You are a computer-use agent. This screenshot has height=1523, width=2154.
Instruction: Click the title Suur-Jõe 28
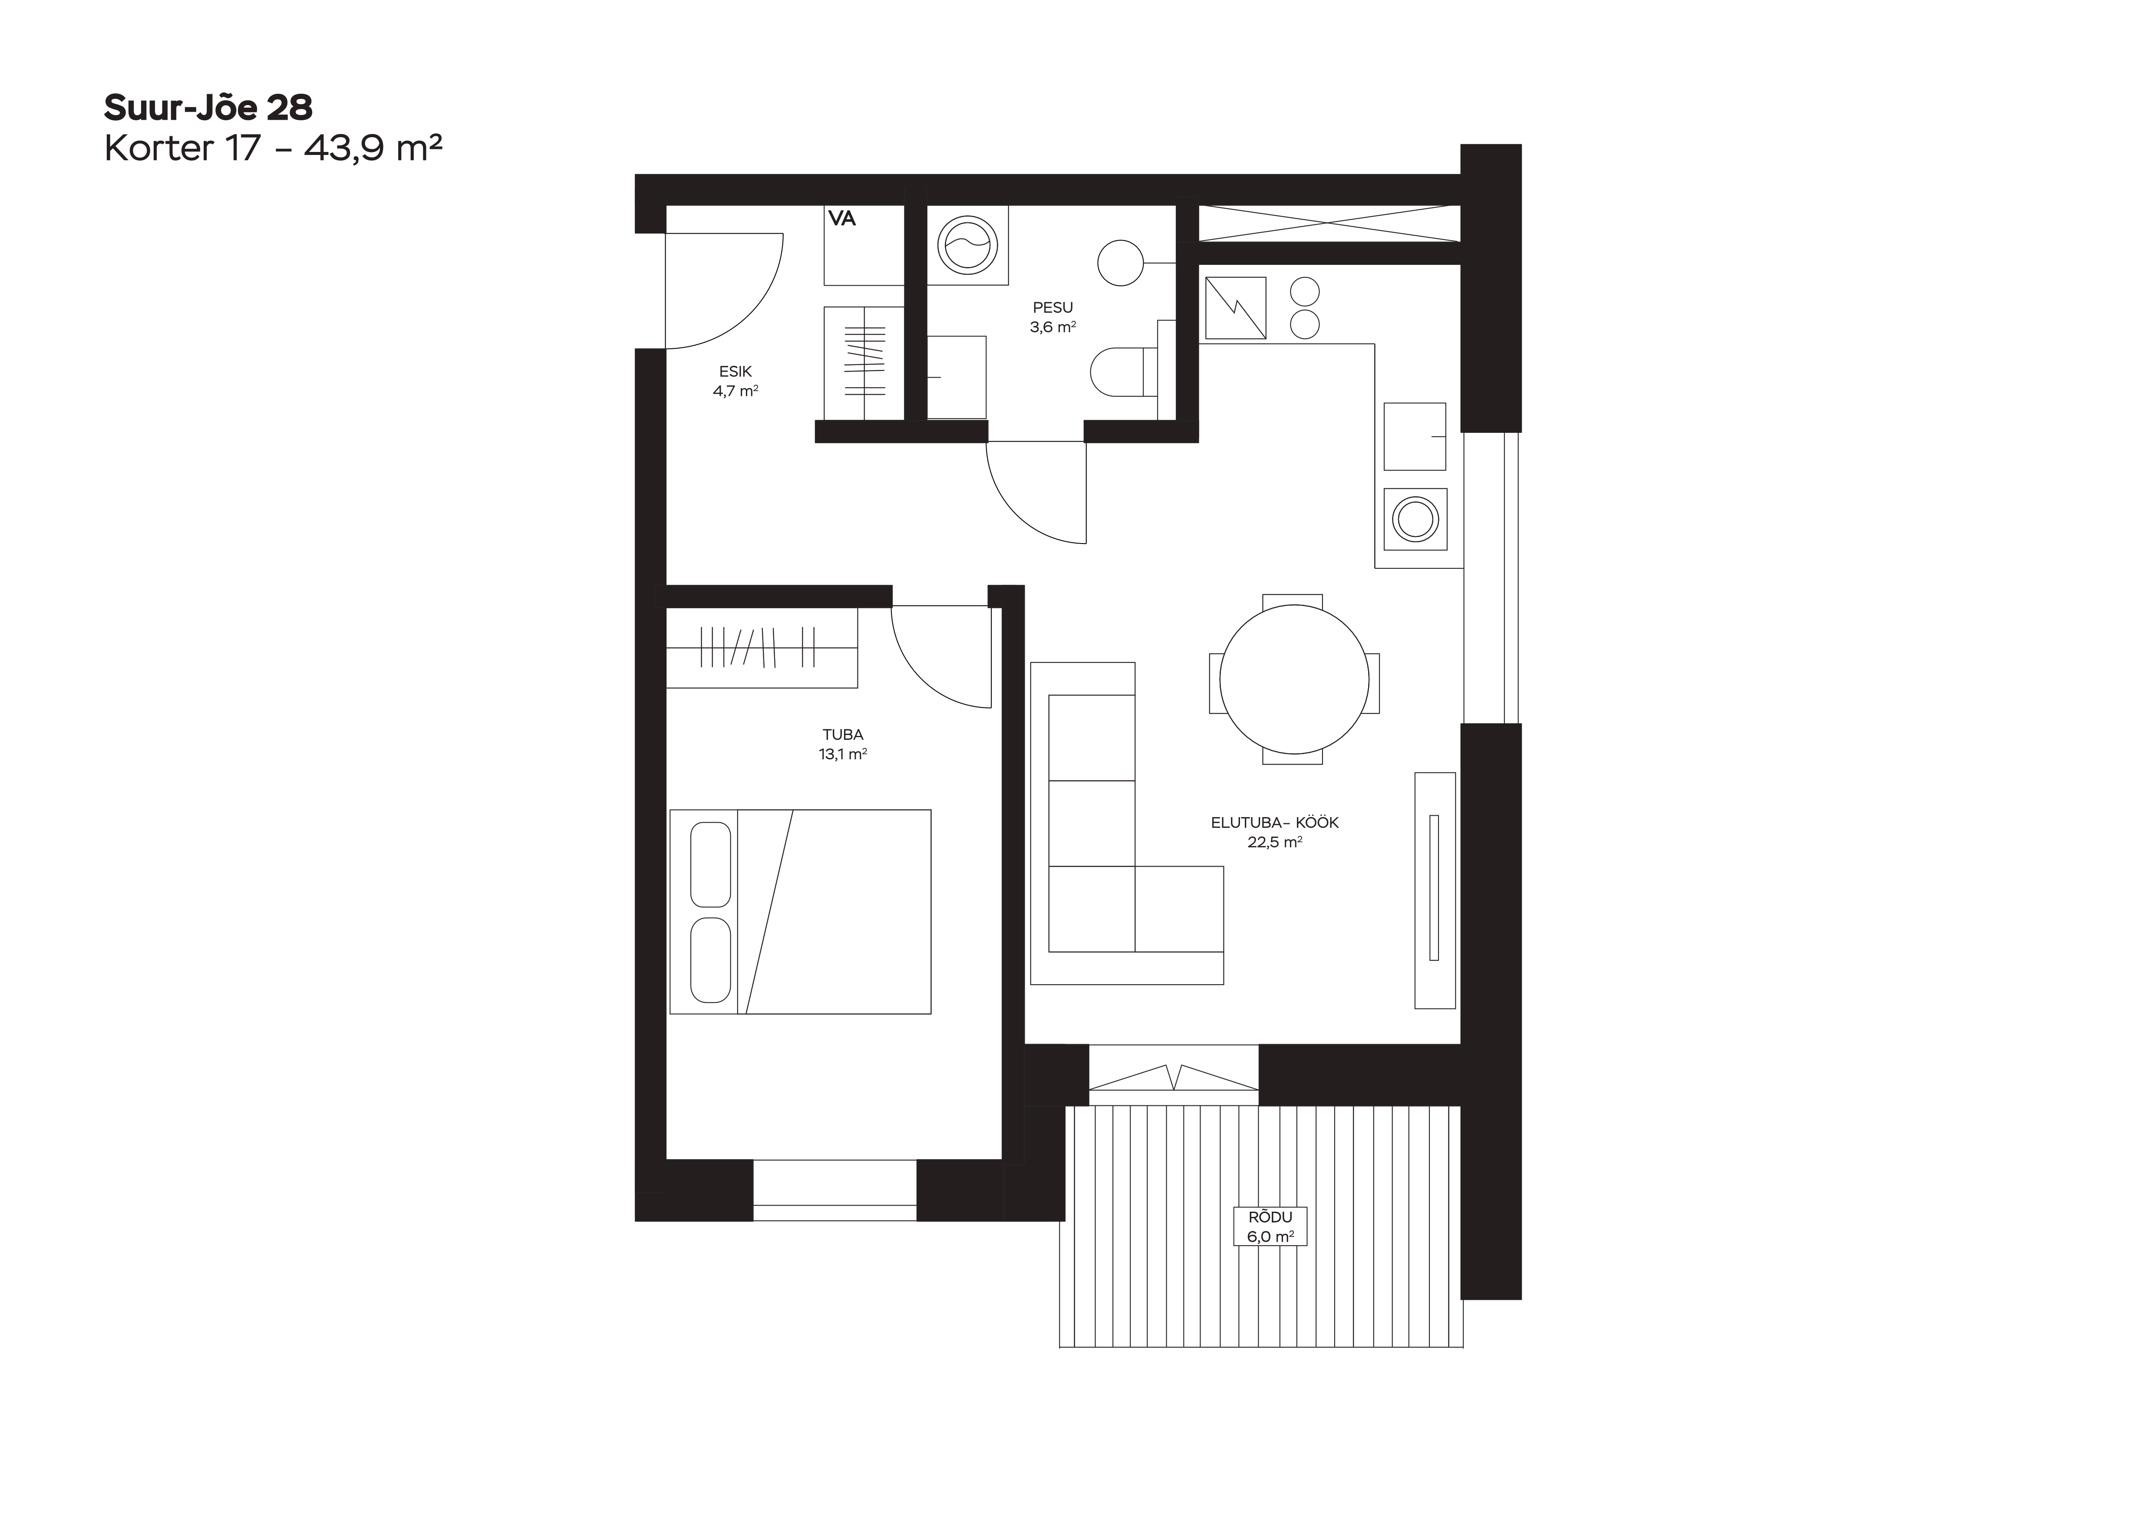pyautogui.click(x=208, y=108)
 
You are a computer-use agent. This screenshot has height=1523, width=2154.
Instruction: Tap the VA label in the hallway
pyautogui.click(x=841, y=218)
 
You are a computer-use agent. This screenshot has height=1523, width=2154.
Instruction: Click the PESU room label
pyautogui.click(x=1052, y=308)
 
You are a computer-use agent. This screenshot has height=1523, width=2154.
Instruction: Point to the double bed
pyautogui.click(x=800, y=912)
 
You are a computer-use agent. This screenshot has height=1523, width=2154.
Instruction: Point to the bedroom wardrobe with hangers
pyautogui.click(x=762, y=647)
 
